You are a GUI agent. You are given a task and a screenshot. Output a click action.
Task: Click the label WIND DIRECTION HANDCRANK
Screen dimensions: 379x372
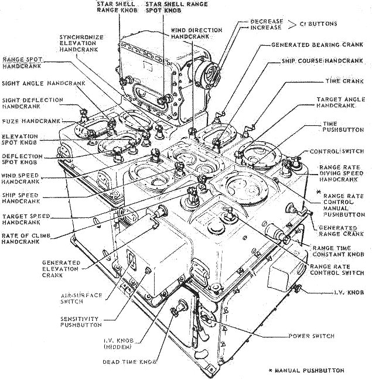point(196,33)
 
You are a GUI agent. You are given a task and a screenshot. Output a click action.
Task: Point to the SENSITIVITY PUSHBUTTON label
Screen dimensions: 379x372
point(81,322)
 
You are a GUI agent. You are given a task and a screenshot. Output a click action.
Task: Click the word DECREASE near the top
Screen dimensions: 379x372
point(267,22)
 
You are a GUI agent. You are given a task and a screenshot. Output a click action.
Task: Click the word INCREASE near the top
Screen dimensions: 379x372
point(267,28)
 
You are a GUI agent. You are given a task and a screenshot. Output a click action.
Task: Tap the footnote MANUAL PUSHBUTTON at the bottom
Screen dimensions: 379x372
point(309,370)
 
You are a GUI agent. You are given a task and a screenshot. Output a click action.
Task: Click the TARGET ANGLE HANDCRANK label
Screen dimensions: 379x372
point(336,104)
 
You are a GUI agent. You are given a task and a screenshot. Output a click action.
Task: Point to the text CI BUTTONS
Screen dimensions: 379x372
point(320,25)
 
